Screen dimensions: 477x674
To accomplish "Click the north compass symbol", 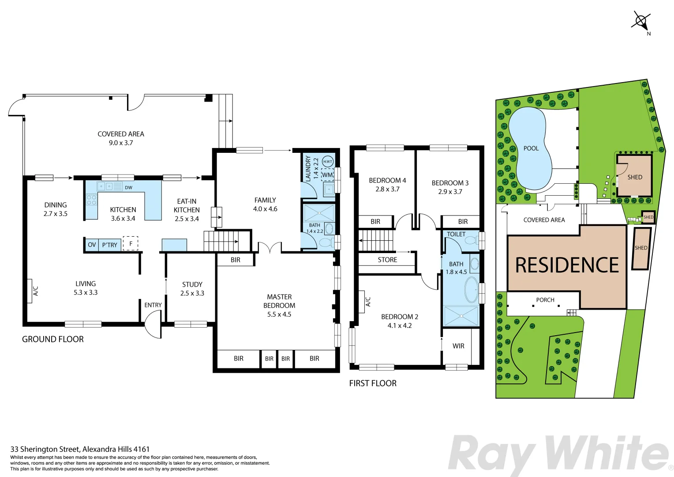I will (x=641, y=20).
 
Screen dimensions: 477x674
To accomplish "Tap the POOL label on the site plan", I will (x=531, y=148).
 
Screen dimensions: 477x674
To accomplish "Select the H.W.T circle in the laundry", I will (x=328, y=162).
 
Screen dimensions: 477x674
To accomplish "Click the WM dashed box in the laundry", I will (x=327, y=175).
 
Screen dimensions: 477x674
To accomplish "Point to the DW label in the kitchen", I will (x=128, y=188).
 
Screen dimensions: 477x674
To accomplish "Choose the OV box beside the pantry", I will (x=92, y=245).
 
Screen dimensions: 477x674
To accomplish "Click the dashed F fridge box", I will (x=131, y=243).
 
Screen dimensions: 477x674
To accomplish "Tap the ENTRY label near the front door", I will (x=153, y=305).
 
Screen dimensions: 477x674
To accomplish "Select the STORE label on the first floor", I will (x=387, y=260).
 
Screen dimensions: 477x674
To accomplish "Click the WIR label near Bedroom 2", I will (x=458, y=346).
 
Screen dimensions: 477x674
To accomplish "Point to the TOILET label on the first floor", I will (x=456, y=235).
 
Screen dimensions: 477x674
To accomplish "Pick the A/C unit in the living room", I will (x=30, y=291).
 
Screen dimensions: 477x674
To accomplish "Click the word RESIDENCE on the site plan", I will (x=567, y=265).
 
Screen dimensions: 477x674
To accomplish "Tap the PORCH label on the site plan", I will (x=545, y=300).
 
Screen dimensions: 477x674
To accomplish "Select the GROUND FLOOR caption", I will (x=53, y=339).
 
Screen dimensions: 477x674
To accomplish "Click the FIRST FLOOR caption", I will (x=373, y=383).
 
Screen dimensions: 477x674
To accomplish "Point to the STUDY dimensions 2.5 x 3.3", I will (x=192, y=293).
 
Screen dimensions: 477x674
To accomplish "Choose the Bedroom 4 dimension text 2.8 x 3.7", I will (x=387, y=189).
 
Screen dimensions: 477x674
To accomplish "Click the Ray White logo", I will (x=558, y=454).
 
